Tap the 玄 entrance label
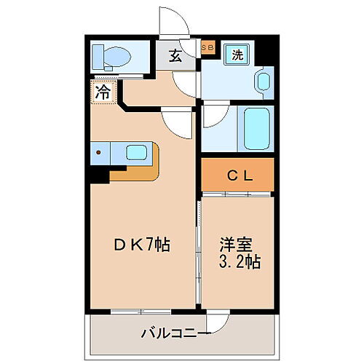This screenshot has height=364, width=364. (x=176, y=57)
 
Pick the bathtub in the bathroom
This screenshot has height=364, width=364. (x=255, y=129)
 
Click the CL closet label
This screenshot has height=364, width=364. (x=238, y=175)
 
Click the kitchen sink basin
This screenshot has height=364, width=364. (x=137, y=153)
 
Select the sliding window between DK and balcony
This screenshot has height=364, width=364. (x=143, y=312)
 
